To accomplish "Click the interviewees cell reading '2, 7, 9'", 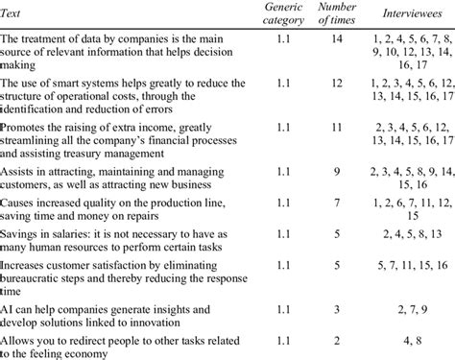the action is point(410,312).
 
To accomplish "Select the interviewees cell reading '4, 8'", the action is point(410,341).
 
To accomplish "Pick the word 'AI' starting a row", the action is point(8,312).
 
